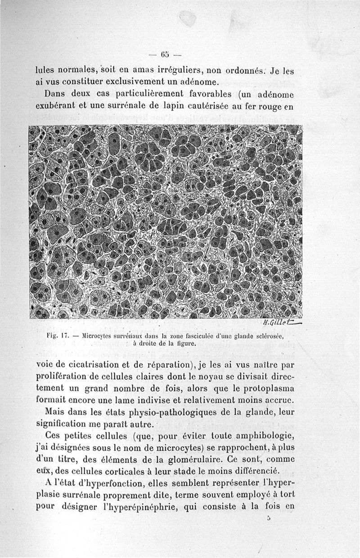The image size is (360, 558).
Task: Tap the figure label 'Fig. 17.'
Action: [x=57, y=336]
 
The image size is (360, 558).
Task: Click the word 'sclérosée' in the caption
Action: [x=269, y=336]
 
